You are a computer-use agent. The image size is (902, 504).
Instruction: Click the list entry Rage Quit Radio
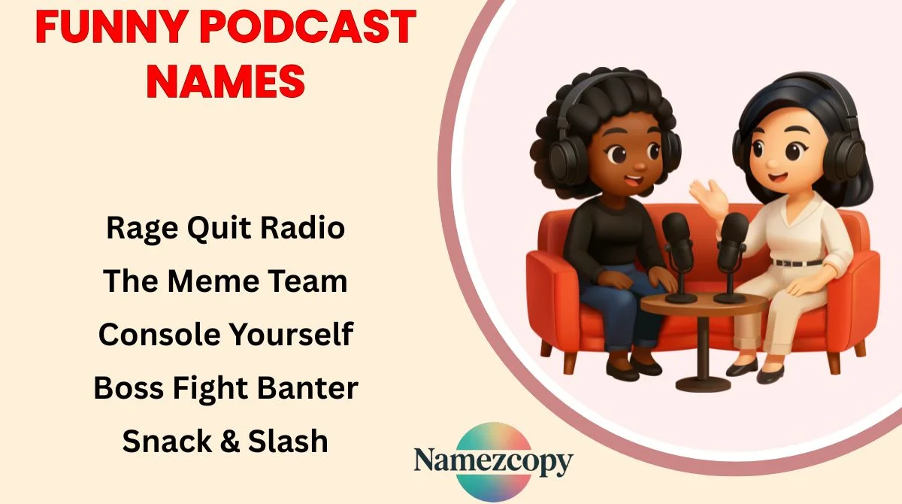pyautogui.click(x=225, y=228)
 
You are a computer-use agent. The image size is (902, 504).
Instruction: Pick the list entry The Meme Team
pyautogui.click(x=225, y=281)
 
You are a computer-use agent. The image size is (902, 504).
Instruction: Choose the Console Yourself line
pyautogui.click(x=225, y=334)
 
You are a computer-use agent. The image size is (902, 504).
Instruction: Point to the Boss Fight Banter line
pyautogui.click(x=225, y=388)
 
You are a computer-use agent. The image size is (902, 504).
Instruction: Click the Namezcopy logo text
pyautogui.click(x=493, y=460)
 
